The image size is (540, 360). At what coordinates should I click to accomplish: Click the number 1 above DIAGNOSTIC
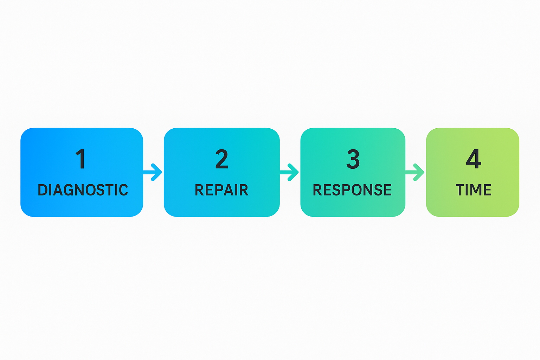81,159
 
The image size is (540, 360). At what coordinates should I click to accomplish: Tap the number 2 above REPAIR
222,159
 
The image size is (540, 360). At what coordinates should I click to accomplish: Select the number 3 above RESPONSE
353,159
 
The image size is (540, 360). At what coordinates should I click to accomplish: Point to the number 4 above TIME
473,159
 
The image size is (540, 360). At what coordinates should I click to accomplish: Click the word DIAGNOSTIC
83,190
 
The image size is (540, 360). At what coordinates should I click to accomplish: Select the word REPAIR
221,190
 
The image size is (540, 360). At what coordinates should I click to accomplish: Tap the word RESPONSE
352,190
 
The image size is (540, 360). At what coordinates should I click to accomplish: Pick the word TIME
473,190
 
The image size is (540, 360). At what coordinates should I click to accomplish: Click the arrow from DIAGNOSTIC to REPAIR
153,172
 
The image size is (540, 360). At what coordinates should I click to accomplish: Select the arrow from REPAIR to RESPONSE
290,172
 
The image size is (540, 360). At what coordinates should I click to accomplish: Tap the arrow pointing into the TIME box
415,172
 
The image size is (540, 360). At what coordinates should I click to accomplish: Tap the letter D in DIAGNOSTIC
43,190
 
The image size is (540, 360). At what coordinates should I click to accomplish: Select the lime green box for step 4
472,207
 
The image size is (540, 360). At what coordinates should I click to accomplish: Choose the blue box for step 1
82,207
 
